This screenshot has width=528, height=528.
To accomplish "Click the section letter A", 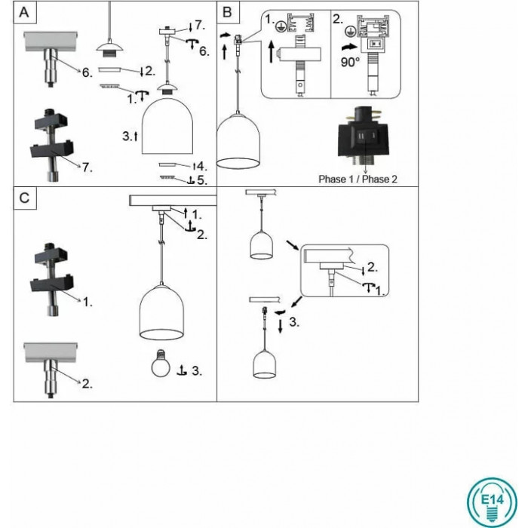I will [x=26, y=13].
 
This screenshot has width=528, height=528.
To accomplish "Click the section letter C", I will [x=26, y=198].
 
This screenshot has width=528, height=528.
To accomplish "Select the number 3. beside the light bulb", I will [x=196, y=370].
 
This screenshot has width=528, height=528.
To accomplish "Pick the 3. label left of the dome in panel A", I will [x=128, y=137].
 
